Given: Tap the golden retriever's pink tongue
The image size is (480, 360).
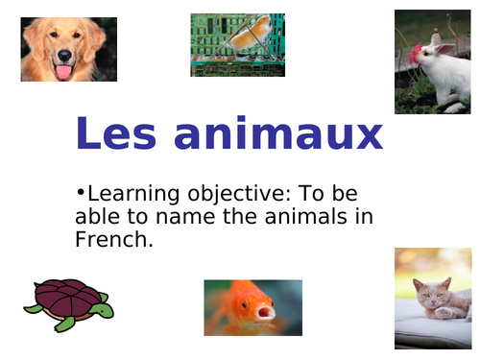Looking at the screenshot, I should click(x=63, y=71).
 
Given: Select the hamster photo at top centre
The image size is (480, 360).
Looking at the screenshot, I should click(x=237, y=44).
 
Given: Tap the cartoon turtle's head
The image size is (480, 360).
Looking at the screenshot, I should click(x=104, y=309).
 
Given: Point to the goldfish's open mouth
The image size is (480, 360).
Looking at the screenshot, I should click(x=262, y=311).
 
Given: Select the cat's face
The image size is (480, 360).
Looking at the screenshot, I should click(x=428, y=290).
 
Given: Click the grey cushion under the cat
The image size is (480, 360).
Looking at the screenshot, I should click(x=432, y=328).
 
